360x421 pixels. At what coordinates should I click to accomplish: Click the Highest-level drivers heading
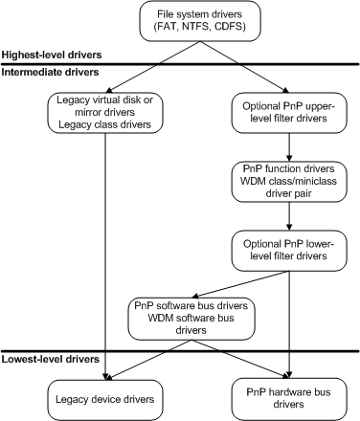[x=53, y=56]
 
